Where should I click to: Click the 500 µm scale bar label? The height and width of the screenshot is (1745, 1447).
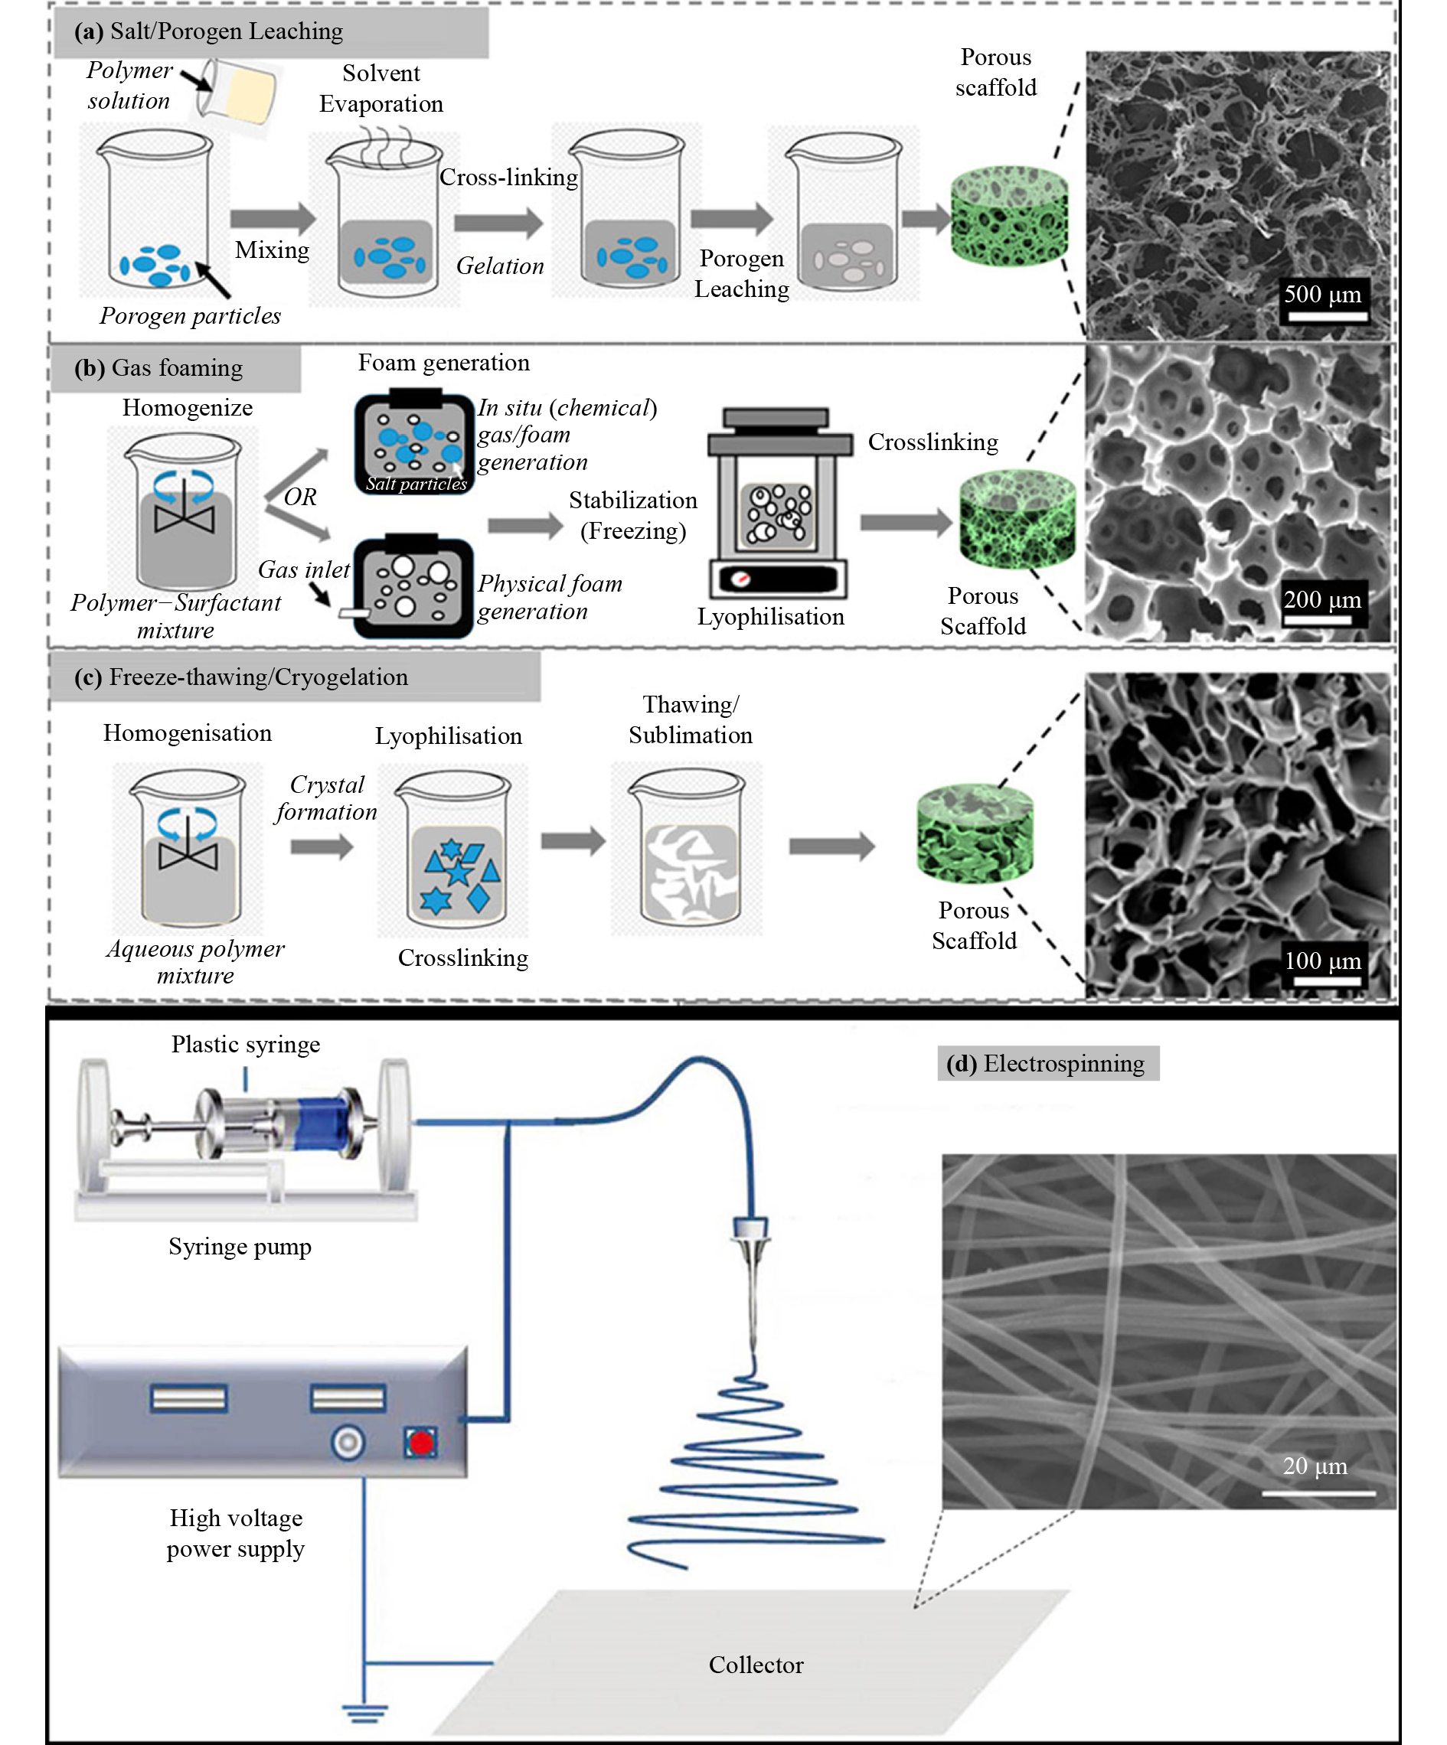(1321, 294)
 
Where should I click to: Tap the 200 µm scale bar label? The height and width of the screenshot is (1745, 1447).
(1321, 599)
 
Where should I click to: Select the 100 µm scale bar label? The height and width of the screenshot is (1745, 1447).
(1321, 961)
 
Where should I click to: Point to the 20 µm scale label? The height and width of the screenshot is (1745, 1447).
(1314, 1466)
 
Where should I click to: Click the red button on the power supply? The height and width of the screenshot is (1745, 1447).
(420, 1443)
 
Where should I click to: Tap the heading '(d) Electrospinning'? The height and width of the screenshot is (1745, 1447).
(1047, 1063)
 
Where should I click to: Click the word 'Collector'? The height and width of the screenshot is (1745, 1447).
(756, 1665)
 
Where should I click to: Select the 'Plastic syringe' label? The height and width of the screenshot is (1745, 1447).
(245, 1044)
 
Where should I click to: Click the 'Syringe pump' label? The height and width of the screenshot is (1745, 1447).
(240, 1247)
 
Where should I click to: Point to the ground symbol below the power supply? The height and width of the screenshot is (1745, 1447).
(364, 1712)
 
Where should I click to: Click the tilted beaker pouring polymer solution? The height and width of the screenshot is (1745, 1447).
(237, 91)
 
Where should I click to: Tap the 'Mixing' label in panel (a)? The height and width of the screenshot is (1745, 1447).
(272, 250)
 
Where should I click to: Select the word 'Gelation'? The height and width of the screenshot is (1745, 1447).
(499, 266)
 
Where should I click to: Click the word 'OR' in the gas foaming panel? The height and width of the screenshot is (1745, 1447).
(300, 497)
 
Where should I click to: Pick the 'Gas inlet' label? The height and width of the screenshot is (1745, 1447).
(303, 570)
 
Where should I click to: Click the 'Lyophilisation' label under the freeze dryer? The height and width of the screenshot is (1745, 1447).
(770, 617)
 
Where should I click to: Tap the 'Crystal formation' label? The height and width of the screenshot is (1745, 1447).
(326, 797)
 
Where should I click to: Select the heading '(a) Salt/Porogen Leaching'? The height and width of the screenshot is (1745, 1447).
(207, 31)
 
